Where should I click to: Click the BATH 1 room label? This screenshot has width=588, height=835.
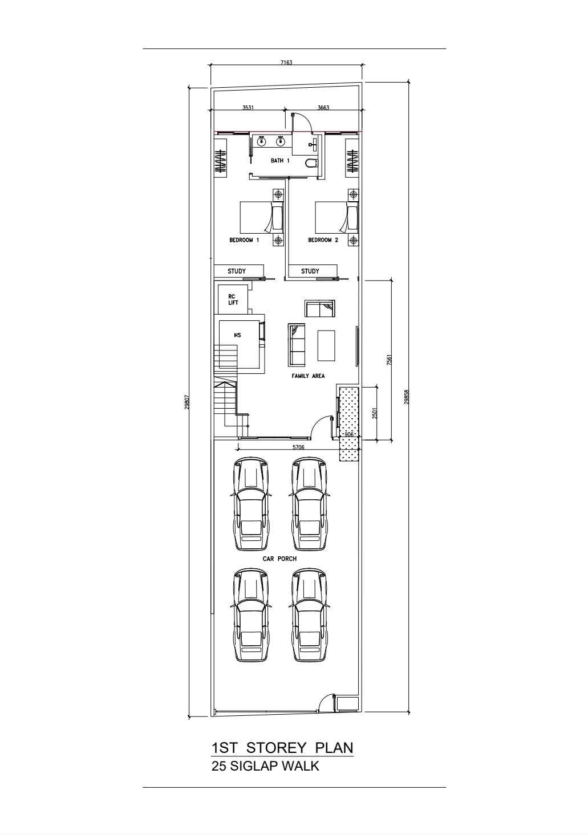click(280, 161)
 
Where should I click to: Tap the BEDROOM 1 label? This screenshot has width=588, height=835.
click(244, 240)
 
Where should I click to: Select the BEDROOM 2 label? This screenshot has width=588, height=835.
click(323, 240)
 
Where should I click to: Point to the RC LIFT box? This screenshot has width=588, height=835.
click(233, 300)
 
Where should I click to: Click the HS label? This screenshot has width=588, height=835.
click(237, 335)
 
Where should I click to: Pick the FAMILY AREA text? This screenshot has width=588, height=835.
click(308, 376)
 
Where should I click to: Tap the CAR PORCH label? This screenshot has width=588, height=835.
click(279, 559)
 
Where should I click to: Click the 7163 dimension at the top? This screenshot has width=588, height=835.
click(286, 62)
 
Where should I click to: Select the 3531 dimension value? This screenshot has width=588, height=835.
click(248, 108)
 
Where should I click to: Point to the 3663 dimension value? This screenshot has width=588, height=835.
click(323, 108)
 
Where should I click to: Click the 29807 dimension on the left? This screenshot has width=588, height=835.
click(186, 402)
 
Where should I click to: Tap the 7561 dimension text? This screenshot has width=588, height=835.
click(389, 360)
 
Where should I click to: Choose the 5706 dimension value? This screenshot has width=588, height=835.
click(298, 447)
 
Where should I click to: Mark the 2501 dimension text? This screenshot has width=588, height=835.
click(375, 413)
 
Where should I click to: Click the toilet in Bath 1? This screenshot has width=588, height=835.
click(311, 162)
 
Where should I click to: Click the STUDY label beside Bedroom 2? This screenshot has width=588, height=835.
click(310, 271)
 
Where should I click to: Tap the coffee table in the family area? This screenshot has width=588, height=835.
click(326, 345)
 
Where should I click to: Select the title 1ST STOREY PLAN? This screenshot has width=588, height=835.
click(282, 748)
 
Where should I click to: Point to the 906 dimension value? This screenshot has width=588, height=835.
click(349, 434)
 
